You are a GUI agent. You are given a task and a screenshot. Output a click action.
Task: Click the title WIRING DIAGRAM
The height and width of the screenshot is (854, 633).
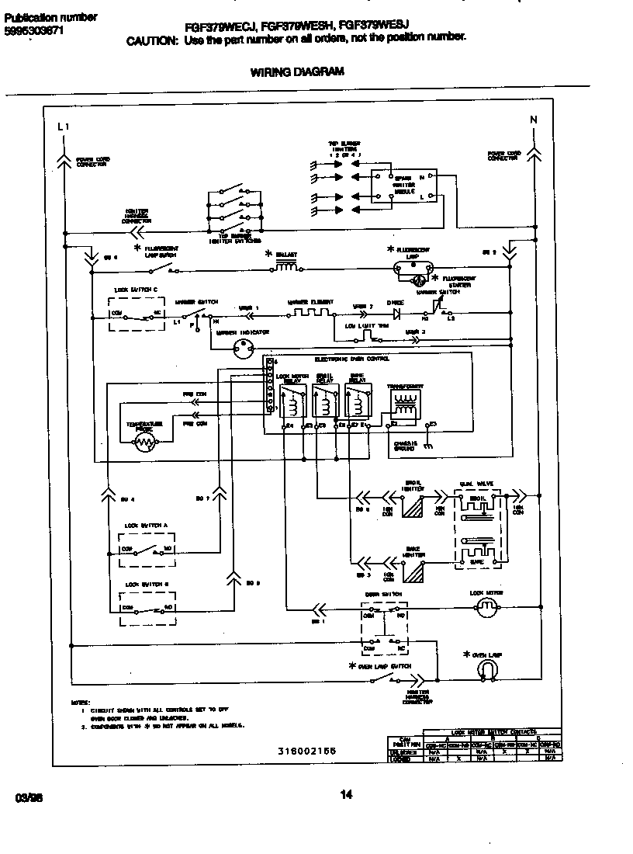tap(297, 72)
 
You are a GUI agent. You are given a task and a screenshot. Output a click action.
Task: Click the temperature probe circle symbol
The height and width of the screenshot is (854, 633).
tap(145, 443)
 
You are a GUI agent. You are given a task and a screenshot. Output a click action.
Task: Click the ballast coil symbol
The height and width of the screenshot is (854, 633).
tap(285, 268)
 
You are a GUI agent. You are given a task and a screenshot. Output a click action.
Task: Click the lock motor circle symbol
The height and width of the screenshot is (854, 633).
tap(486, 608)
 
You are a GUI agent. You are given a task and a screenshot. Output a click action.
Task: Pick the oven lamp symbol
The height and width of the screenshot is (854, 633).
tap(486, 668)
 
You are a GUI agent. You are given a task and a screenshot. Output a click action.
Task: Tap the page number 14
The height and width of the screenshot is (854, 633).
tap(346, 793)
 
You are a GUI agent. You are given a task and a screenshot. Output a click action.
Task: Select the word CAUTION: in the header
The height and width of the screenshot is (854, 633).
tap(152, 40)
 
